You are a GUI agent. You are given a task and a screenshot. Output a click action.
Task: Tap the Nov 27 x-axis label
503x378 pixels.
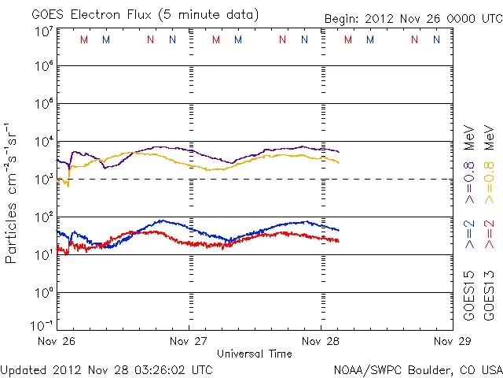point(189,341)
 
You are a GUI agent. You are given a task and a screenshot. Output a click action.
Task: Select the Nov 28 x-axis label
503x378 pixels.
point(321,341)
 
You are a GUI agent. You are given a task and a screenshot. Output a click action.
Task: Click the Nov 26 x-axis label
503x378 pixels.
point(57,341)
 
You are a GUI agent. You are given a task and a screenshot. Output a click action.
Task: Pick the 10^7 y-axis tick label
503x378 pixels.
point(43,31)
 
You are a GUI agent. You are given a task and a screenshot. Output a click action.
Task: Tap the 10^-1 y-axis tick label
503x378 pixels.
point(42,324)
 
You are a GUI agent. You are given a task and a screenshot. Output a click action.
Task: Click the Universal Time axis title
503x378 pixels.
point(254,354)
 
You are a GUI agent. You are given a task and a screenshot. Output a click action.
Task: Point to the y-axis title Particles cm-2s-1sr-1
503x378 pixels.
point(12,193)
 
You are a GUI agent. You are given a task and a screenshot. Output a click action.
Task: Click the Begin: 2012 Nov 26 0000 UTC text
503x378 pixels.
point(413,18)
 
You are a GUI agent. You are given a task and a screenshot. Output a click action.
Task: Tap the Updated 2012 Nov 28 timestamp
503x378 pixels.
point(106,369)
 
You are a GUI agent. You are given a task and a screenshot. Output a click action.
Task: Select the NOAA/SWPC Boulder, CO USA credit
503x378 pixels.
point(417,369)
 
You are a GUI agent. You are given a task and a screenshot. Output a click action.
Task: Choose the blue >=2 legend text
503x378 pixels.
point(469,235)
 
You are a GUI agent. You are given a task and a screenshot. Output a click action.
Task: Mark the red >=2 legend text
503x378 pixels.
point(489,235)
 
